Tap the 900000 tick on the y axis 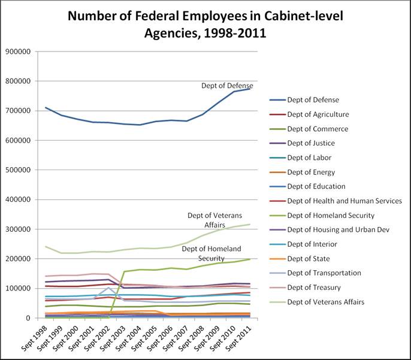20,52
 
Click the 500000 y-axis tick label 20,170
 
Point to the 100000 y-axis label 20,288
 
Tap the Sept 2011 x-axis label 239,336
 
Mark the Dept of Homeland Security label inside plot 211,253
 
